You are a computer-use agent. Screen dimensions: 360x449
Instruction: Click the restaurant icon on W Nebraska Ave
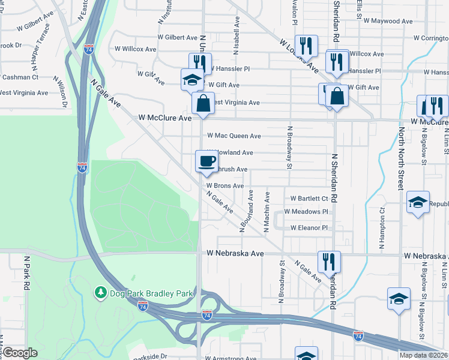click(328, 261)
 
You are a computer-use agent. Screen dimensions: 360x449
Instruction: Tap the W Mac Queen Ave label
click(234, 136)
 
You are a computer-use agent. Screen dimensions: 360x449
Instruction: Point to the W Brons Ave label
click(226, 186)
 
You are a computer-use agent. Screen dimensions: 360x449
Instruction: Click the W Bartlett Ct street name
click(309, 198)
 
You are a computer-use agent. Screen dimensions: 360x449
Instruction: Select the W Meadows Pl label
click(306, 212)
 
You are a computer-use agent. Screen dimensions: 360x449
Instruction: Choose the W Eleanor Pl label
click(309, 228)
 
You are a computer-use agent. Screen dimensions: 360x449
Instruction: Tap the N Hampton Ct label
click(381, 229)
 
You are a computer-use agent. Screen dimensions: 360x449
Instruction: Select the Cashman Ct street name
click(19, 77)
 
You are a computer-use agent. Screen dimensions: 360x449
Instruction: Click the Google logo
click(20, 353)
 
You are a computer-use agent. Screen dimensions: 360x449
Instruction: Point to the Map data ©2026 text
click(424, 355)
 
